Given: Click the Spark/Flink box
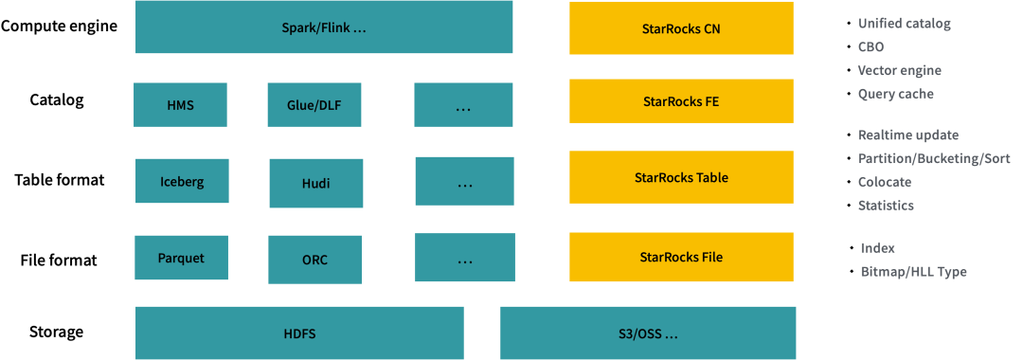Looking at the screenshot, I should [323, 27].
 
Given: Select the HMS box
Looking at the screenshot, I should [180, 105].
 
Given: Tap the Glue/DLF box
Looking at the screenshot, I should [314, 105].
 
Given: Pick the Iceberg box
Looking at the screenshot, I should [181, 181].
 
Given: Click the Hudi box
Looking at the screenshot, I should [315, 183].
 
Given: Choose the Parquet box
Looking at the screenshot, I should [181, 258].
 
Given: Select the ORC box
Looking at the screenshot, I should [314, 259].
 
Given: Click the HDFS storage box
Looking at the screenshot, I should [299, 333].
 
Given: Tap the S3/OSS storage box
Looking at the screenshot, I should [648, 333].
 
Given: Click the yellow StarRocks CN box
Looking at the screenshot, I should [681, 27].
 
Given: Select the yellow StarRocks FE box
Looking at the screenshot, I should [681, 101].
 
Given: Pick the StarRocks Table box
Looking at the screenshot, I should [681, 177].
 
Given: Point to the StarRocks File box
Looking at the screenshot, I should [681, 257].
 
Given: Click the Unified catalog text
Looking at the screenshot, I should [904, 24].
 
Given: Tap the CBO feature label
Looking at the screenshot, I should [870, 46].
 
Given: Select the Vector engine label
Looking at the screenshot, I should [899, 70].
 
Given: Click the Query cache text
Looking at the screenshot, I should [895, 94].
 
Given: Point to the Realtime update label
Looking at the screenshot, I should [907, 135].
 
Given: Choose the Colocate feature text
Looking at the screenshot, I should [884, 182].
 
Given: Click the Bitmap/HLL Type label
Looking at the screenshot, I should [913, 272].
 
